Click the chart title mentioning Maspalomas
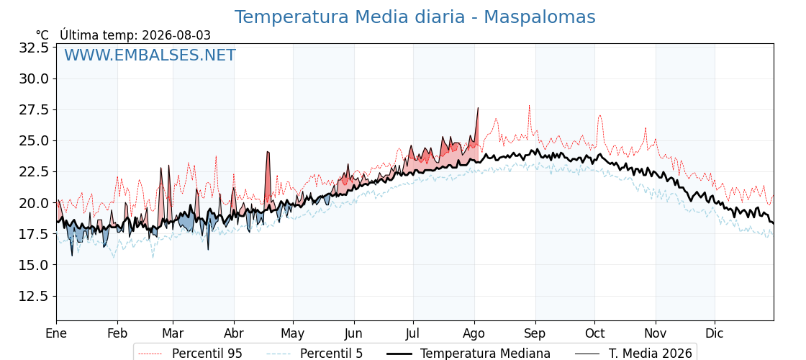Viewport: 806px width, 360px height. [415, 17]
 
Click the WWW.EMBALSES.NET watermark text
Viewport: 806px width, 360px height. [150, 55]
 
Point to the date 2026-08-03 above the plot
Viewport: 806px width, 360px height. [176, 35]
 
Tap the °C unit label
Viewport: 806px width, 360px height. [42, 35]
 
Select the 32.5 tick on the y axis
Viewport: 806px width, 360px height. [33, 48]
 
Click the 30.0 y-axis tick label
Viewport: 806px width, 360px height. [33, 78]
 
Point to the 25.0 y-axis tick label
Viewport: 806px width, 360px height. [33, 141]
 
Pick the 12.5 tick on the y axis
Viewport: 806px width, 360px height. [33, 296]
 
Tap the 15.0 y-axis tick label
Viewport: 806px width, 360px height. [33, 265]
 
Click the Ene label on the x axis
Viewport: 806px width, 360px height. [56, 334]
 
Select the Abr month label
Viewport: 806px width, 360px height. [234, 334]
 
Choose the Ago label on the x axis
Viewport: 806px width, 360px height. [474, 334]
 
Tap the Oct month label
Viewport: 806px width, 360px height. [594, 334]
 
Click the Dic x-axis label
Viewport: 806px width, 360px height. [714, 334]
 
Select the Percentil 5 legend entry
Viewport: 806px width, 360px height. [314, 354]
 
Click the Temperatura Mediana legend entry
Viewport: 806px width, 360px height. [468, 354]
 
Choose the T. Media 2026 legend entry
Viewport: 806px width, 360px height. [634, 354]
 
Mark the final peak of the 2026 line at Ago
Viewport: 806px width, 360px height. [478, 107]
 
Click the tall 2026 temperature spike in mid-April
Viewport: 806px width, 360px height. [267, 152]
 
